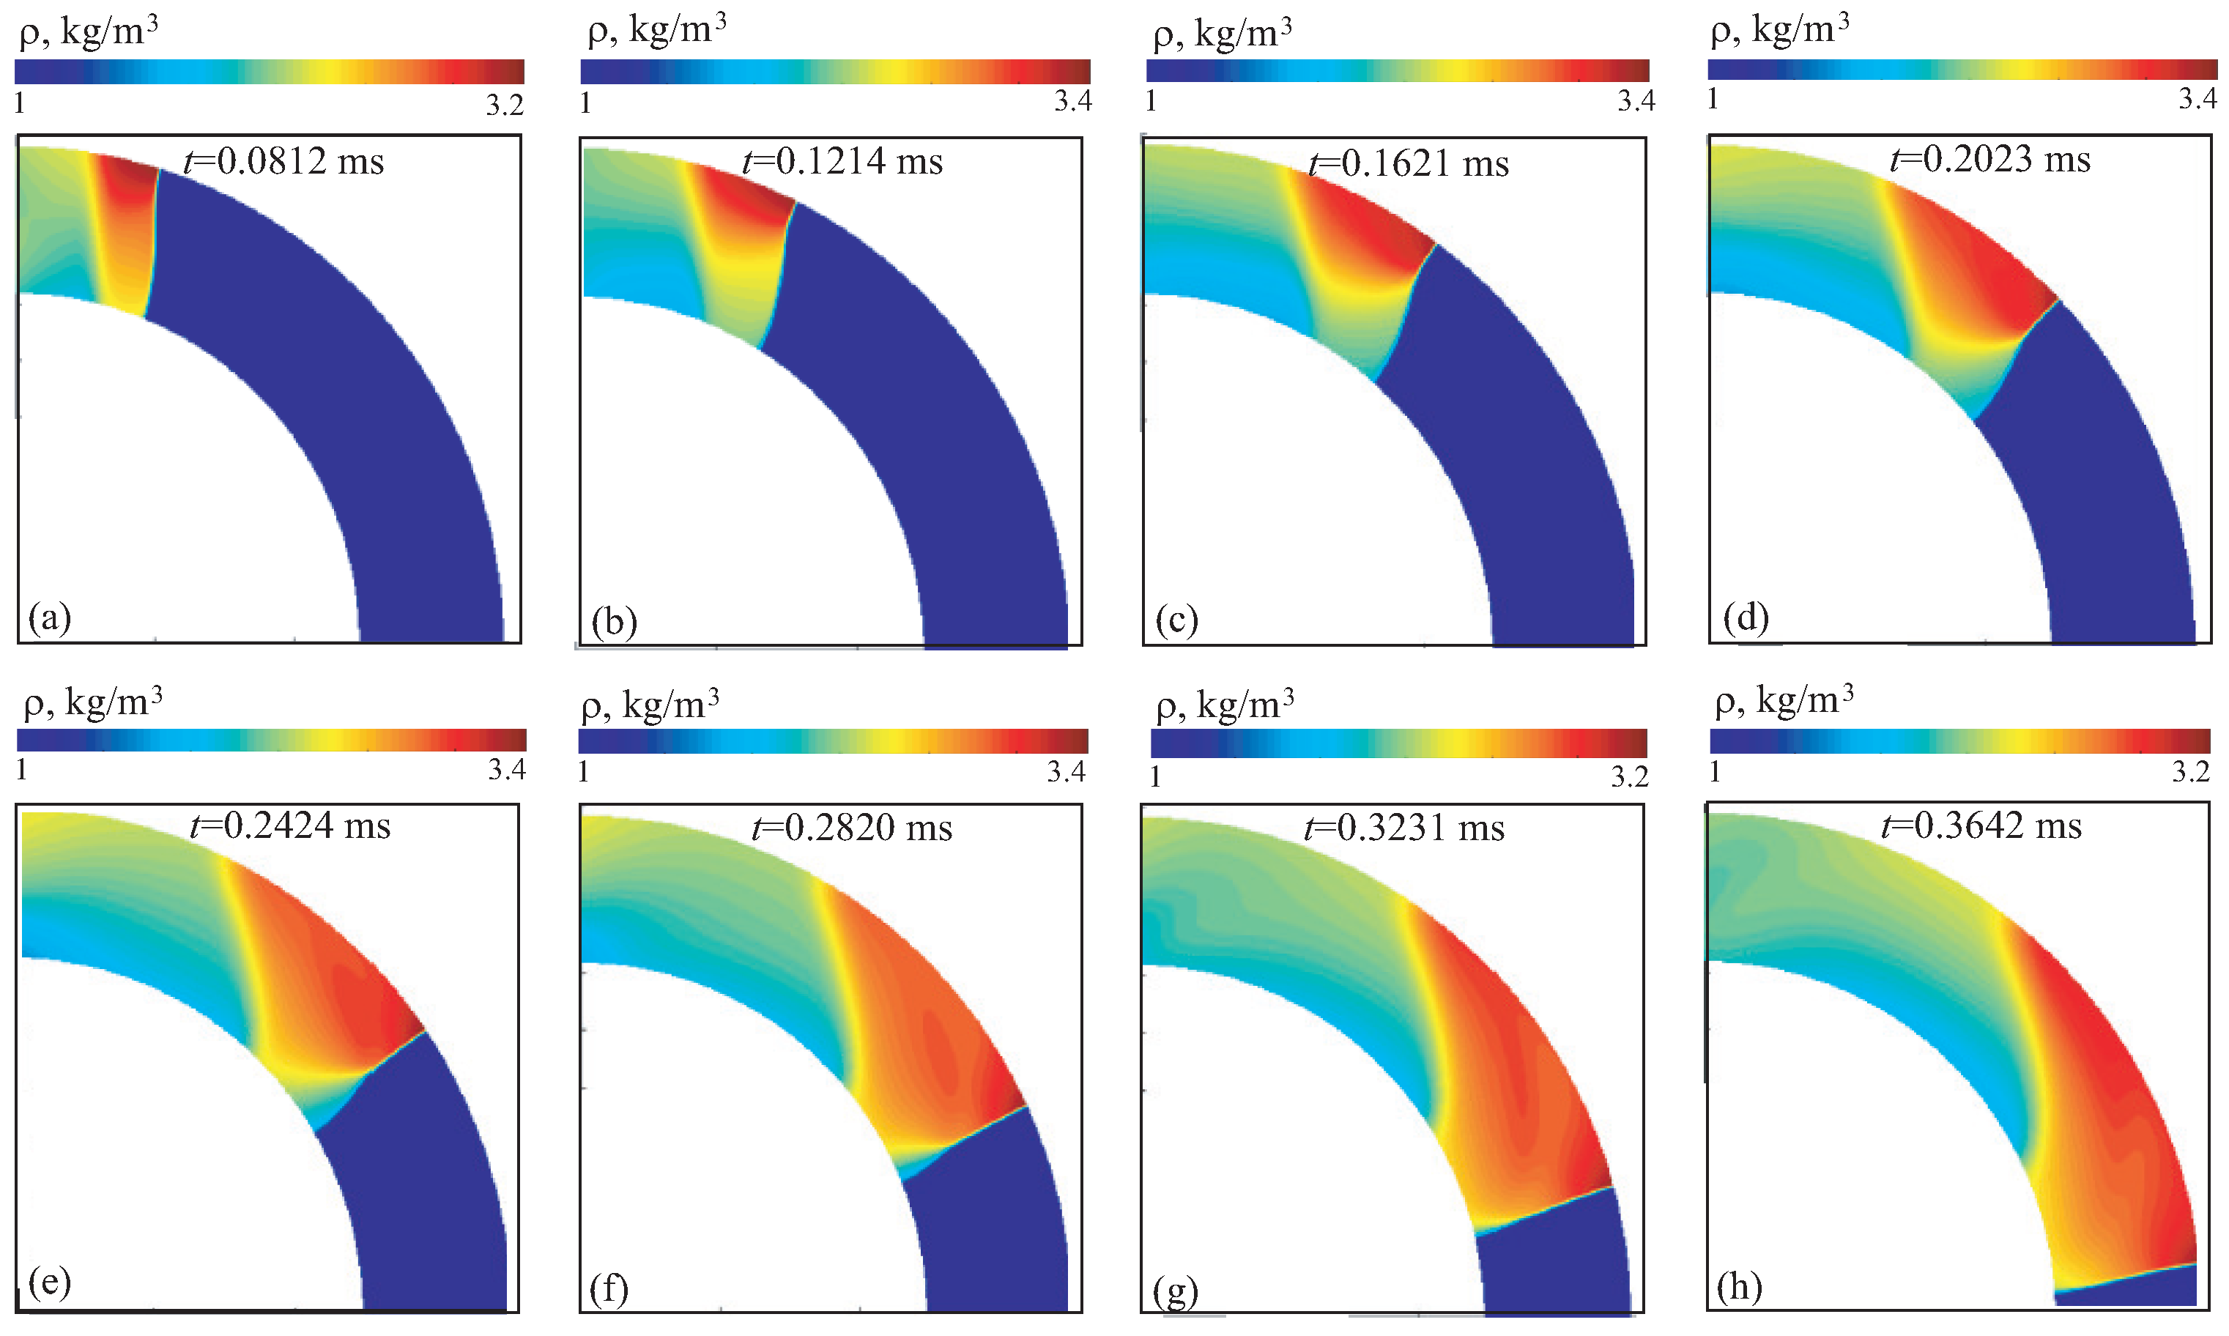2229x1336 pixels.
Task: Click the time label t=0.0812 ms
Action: pos(283,162)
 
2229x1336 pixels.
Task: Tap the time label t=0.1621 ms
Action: pos(1408,164)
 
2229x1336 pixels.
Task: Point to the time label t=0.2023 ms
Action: pos(1989,160)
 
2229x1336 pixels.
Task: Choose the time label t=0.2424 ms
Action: pos(290,825)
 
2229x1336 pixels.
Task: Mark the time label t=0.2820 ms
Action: pos(852,828)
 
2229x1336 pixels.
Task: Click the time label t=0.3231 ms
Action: pos(1404,828)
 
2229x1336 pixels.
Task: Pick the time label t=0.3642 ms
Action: pos(1981,825)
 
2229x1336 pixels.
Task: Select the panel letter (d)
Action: pos(1746,618)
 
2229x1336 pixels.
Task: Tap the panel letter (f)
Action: pos(609,1289)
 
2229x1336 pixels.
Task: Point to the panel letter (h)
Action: pos(1738,1288)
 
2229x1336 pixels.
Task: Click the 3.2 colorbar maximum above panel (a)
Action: pos(504,106)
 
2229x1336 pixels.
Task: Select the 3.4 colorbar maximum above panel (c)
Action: pos(1635,102)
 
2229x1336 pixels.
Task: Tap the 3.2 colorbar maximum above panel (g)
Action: pos(1628,777)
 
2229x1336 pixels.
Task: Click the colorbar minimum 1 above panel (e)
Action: pos(21,770)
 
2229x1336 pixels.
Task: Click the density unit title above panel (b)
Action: pos(656,31)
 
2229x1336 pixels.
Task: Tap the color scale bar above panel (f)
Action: pos(833,741)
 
